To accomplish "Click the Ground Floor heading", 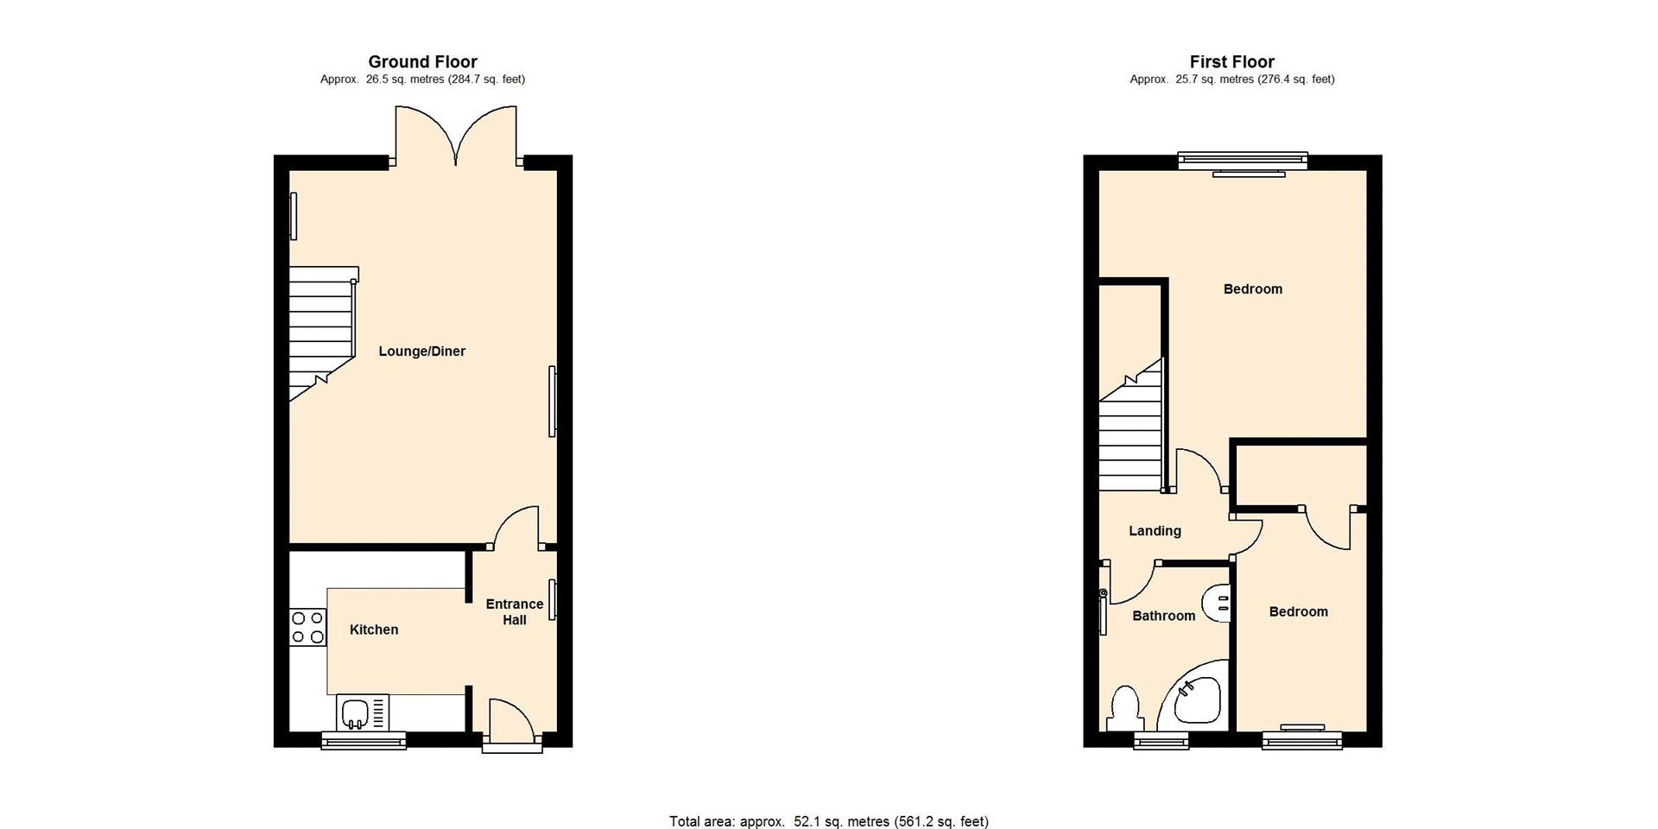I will pyautogui.click(x=422, y=61).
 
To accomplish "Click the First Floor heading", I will pyautogui.click(x=1231, y=61).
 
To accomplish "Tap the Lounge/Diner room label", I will pyautogui.click(x=421, y=351).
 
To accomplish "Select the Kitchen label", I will pyautogui.click(x=374, y=630).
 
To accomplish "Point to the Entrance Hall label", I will pyautogui.click(x=515, y=611).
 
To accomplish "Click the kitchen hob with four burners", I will pyautogui.click(x=308, y=627).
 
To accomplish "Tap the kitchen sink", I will pyautogui.click(x=356, y=713).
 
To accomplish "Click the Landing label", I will pyautogui.click(x=1155, y=531).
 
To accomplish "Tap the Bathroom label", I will pyautogui.click(x=1163, y=616).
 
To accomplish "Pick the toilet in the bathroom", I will pyautogui.click(x=1125, y=708).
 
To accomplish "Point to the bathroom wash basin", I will pyautogui.click(x=1218, y=602).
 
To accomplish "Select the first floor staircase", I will pyautogui.click(x=1131, y=432).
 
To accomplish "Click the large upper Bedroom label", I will pyautogui.click(x=1252, y=289).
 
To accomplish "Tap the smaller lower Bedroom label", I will pyautogui.click(x=1298, y=612).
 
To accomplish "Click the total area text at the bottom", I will pyautogui.click(x=829, y=821).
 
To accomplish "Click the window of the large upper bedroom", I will pyautogui.click(x=1243, y=159).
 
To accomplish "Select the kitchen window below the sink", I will pyautogui.click(x=364, y=740).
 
